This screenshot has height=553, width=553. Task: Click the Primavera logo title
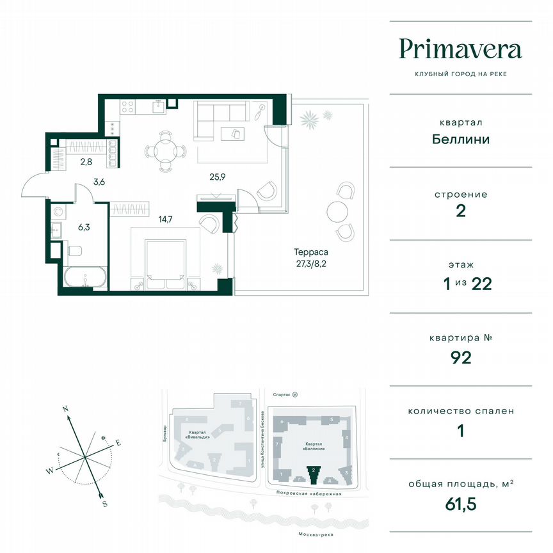460,49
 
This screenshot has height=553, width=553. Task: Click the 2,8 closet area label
85,162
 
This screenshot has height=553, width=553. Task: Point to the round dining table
166,152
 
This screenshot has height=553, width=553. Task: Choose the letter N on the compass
65,408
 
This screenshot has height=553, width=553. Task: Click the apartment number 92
460,357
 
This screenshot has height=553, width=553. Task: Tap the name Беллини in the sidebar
460,139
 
